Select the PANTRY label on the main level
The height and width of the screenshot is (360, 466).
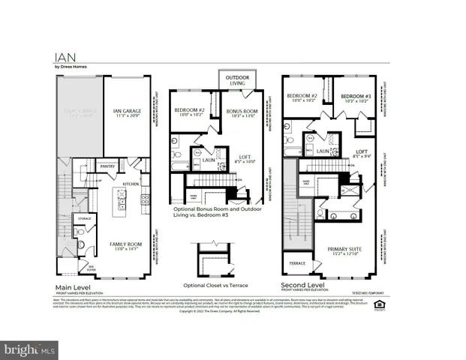pyautogui.click(x=107, y=166)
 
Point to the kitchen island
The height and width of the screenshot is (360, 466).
pyautogui.click(x=118, y=201)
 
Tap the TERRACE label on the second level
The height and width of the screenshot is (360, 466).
pyautogui.click(x=294, y=265)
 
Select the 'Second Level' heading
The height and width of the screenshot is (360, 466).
pyautogui.click(x=302, y=286)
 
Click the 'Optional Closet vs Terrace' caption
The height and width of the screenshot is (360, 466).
pyautogui.click(x=215, y=286)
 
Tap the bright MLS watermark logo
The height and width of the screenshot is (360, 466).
pyautogui.click(x=30, y=349)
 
